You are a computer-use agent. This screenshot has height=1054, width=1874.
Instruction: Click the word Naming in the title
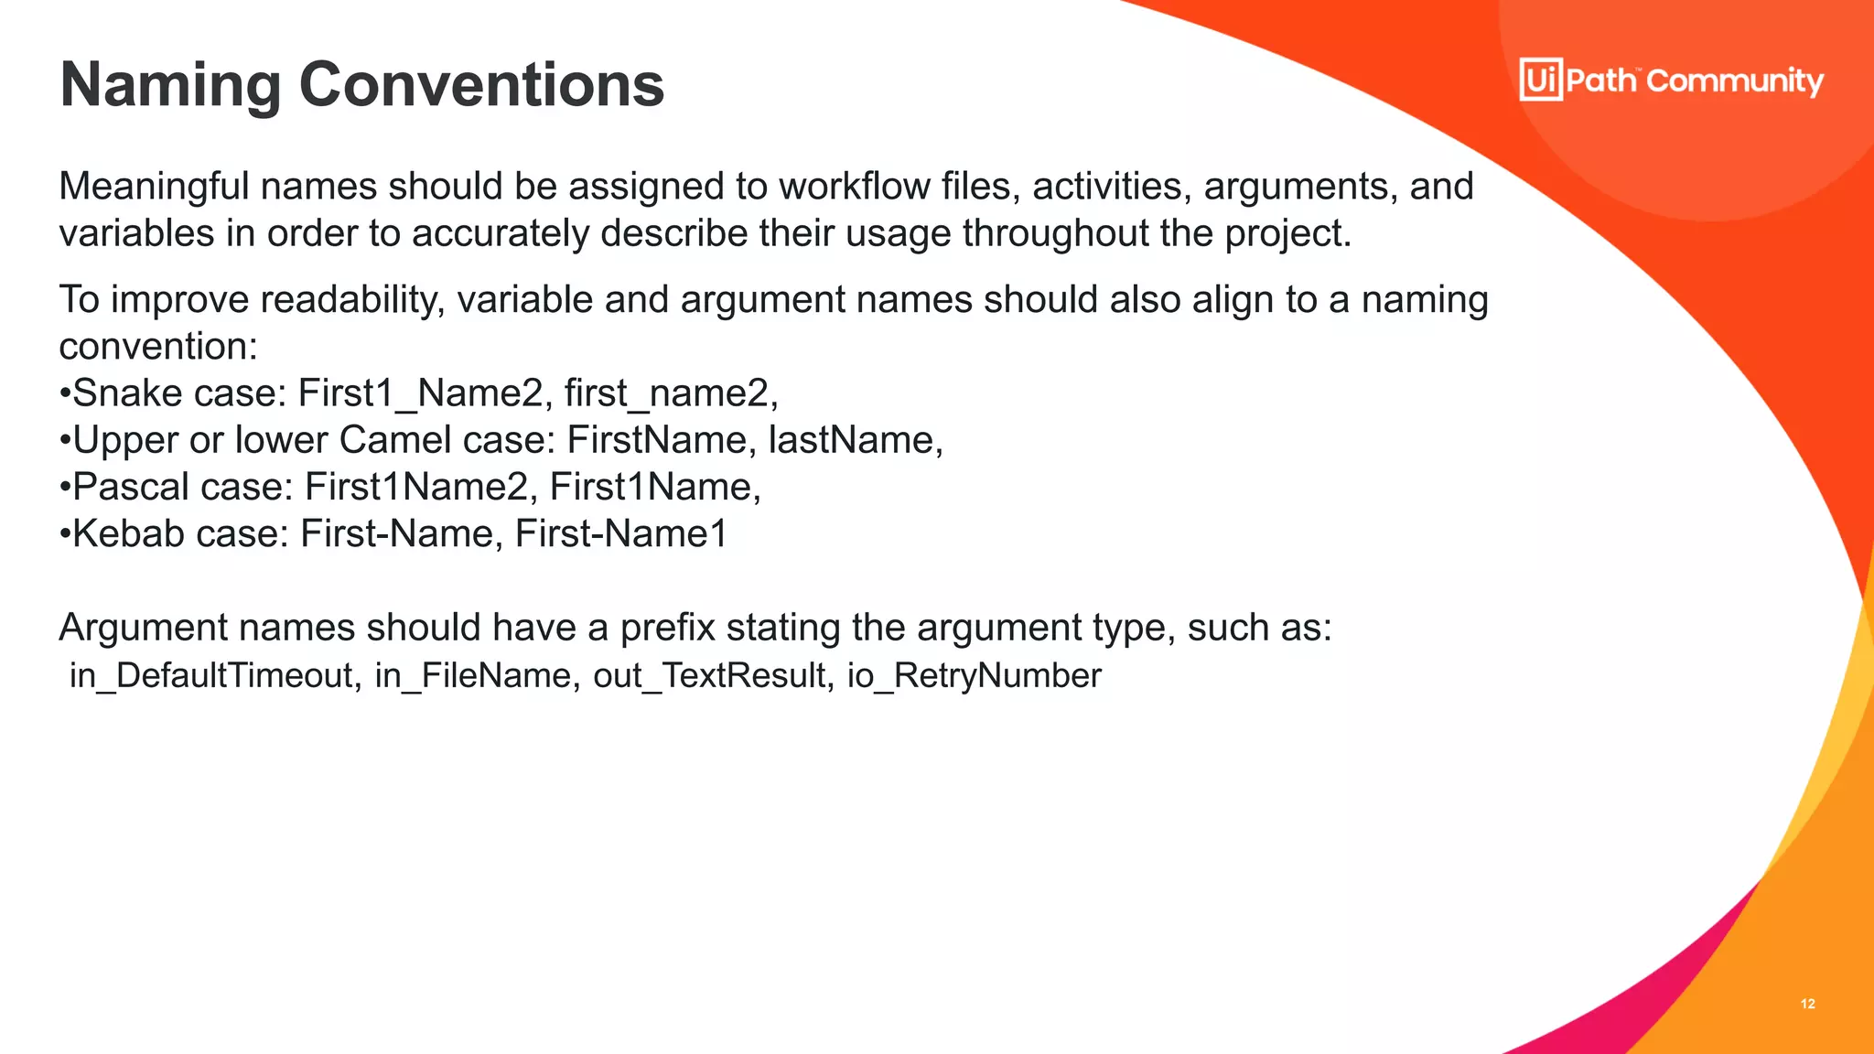(170, 85)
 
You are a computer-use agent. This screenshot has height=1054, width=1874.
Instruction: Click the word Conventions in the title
(481, 85)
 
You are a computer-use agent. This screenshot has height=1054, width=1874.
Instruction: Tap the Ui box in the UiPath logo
(1541, 80)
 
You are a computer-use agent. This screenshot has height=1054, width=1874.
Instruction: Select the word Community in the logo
(1735, 81)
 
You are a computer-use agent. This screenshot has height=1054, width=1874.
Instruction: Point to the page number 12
(1807, 1004)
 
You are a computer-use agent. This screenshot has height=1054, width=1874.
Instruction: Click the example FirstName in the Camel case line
(656, 440)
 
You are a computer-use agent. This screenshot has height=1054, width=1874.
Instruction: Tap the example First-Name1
(620, 534)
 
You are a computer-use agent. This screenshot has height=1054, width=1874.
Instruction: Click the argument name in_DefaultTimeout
(211, 675)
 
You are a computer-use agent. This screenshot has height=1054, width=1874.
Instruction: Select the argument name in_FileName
(472, 675)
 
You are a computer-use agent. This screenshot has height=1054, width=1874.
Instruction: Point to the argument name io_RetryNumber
(974, 675)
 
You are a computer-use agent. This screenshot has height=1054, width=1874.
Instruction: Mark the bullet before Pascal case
(65, 487)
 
